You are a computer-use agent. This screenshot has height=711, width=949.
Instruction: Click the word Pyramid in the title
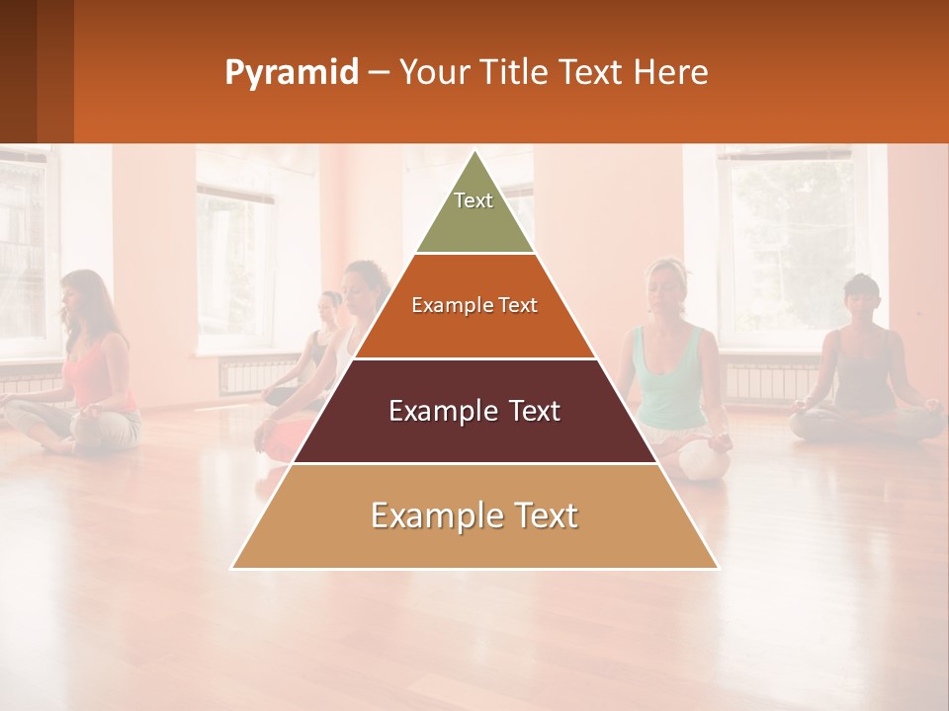coord(291,73)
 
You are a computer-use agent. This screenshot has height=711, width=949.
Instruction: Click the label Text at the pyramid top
coord(474,200)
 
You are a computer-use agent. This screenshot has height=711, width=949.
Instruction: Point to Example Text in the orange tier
coord(474,305)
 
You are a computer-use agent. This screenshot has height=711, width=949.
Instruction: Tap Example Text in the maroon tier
coord(474,411)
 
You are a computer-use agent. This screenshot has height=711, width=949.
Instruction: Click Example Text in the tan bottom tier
coord(474,515)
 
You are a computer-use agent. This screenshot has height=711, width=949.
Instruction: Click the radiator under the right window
coord(771,381)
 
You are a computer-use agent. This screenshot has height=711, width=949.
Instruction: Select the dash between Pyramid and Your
coord(379,73)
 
